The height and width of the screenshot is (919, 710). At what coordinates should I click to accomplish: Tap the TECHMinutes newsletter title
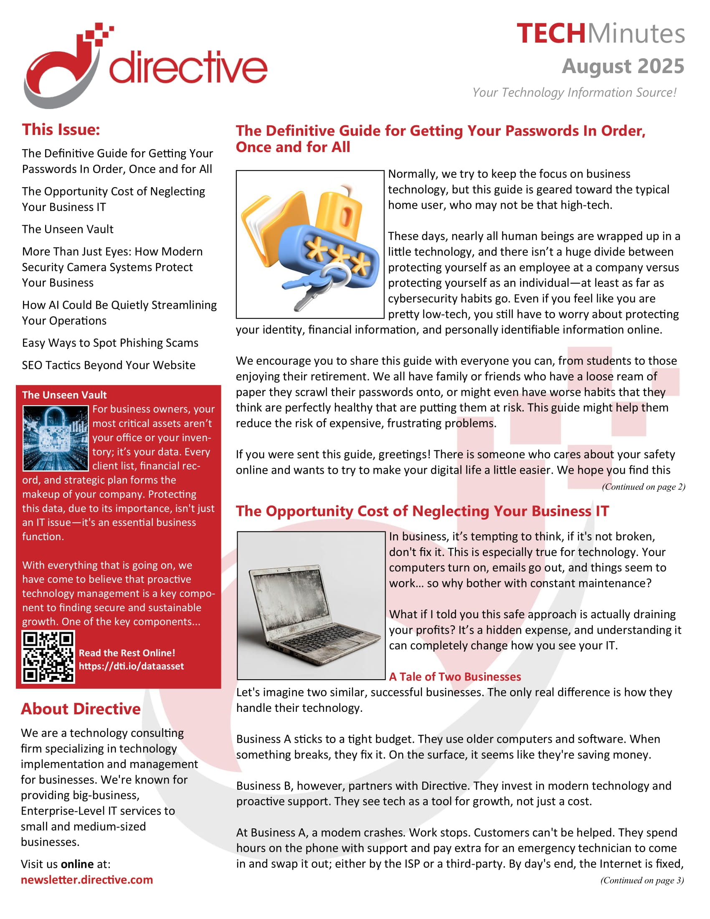(x=600, y=34)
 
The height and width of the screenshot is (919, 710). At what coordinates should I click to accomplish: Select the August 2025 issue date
(x=623, y=66)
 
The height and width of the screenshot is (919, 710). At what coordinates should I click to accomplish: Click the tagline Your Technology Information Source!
(x=574, y=93)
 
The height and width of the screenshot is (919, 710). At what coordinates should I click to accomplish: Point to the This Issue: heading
(x=61, y=129)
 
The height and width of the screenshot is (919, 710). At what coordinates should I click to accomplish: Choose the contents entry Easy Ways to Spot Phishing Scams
(x=110, y=343)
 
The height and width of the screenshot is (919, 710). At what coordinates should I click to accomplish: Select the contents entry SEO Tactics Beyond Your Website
(x=109, y=365)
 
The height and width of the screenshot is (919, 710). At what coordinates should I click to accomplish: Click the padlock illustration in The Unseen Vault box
(x=56, y=438)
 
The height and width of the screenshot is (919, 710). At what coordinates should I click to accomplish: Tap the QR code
(x=48, y=656)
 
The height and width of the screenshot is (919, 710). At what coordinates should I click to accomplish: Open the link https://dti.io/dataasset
(x=131, y=666)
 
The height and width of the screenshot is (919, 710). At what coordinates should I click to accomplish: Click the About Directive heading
(x=81, y=709)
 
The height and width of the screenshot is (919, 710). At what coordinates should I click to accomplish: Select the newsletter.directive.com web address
(x=87, y=880)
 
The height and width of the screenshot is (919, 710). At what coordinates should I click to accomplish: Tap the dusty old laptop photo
(x=311, y=606)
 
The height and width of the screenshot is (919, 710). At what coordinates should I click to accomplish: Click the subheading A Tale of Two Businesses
(x=455, y=677)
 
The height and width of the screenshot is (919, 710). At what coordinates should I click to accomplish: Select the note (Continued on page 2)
(x=643, y=487)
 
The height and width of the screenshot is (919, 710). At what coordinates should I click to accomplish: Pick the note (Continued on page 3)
(x=642, y=880)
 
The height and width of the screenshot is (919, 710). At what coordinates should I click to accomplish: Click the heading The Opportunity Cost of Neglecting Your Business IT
(x=422, y=511)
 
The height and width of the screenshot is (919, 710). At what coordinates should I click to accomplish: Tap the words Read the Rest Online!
(x=127, y=653)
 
